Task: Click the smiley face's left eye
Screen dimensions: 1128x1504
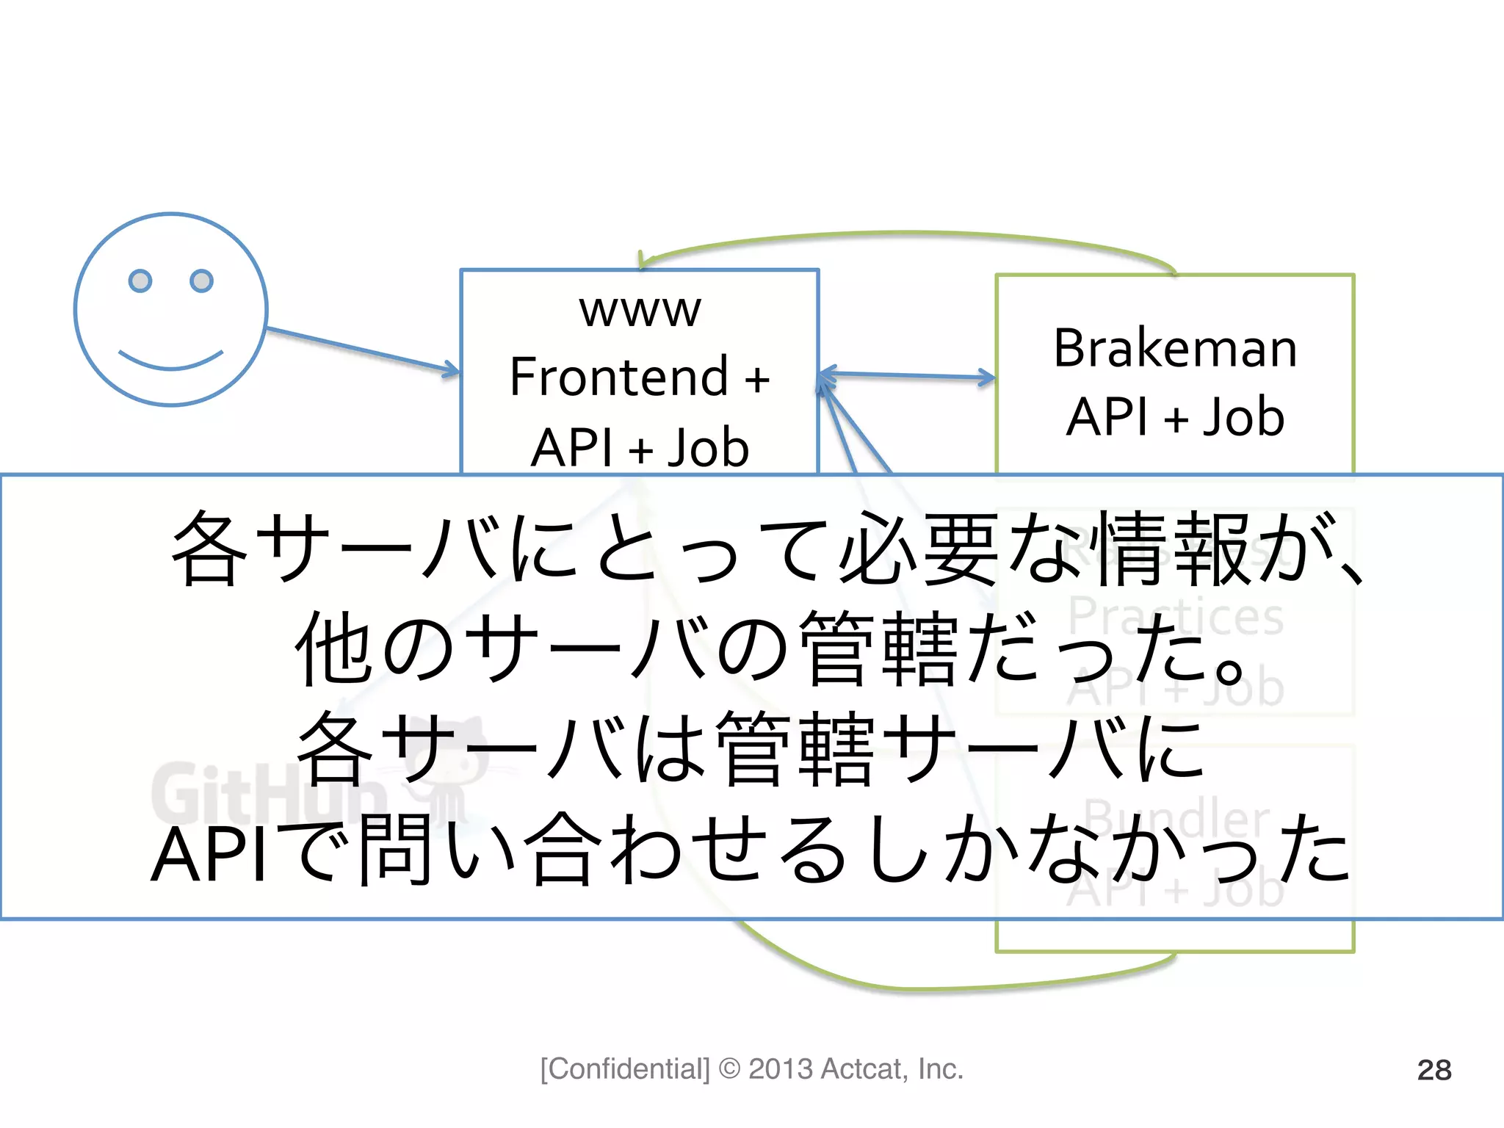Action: (x=140, y=281)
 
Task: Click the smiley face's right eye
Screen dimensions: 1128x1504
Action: (x=201, y=281)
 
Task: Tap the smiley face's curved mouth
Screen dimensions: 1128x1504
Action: (x=170, y=361)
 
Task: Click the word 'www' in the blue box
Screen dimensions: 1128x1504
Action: (x=640, y=310)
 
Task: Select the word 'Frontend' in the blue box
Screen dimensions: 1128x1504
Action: (x=618, y=377)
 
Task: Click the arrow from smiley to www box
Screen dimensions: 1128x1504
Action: (x=360, y=350)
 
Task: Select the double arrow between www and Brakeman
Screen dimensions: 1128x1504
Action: (x=906, y=376)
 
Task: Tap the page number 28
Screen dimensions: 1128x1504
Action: (x=1433, y=1070)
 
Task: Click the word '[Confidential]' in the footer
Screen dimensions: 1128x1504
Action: (x=625, y=1069)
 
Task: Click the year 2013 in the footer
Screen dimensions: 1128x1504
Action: (x=780, y=1069)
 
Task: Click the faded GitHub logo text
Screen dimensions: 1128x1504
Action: (x=268, y=793)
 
